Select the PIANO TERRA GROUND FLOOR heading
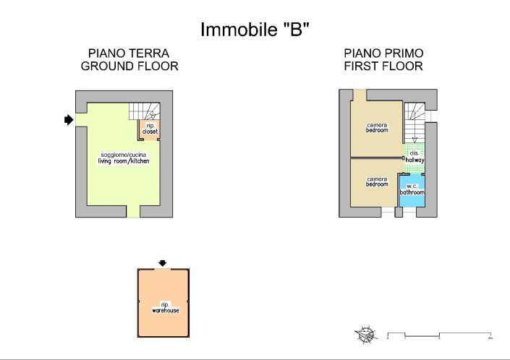(129, 60)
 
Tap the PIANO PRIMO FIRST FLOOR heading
(383, 60)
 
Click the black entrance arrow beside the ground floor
(69, 120)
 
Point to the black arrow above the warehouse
(163, 262)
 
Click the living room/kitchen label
(124, 158)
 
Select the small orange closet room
(150, 129)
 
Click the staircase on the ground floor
(145, 111)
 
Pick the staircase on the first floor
(414, 120)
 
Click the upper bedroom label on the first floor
(377, 127)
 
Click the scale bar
(440, 335)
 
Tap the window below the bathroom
(409, 213)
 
